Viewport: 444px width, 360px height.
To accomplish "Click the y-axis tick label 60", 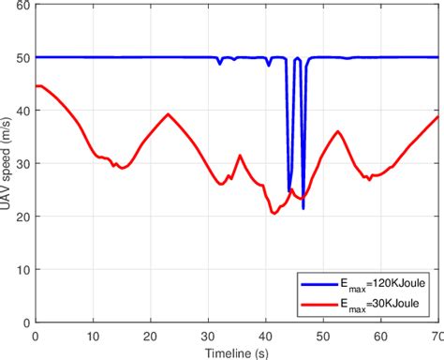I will pos(22,6).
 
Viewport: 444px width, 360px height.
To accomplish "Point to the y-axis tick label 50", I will pos(22,58).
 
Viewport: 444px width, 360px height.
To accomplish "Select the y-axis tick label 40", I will pos(22,111).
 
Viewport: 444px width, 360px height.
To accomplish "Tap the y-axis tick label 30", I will pos(22,163).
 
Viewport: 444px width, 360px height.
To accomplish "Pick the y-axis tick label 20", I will pos(22,216).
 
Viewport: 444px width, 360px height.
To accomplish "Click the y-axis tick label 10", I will pos(22,269).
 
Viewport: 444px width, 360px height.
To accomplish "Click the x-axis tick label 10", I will pos(93,335).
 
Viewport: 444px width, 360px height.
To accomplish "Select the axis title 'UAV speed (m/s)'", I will pos(7,163).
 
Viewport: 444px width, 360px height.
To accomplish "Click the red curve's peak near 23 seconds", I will pos(168,114).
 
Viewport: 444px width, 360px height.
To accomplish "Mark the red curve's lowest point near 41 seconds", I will pos(274,214).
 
